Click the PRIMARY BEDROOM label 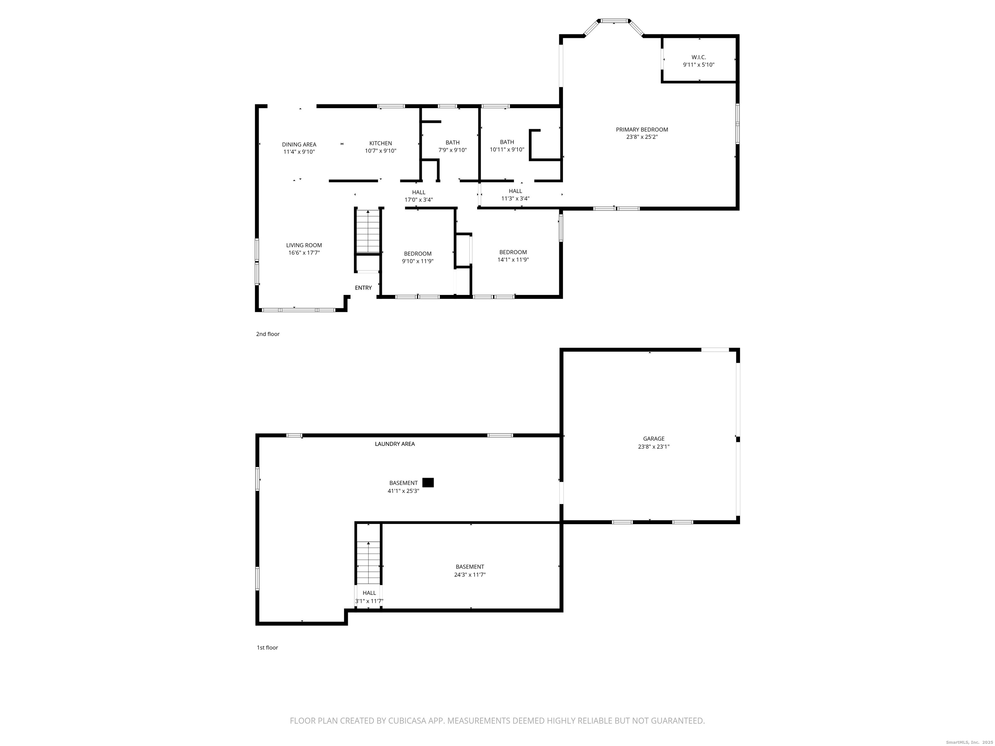pyautogui.click(x=642, y=130)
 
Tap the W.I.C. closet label pyautogui.click(x=699, y=57)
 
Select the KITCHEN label pyautogui.click(x=381, y=143)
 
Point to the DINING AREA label pyautogui.click(x=299, y=144)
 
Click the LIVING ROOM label pyautogui.click(x=304, y=245)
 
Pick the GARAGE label pyautogui.click(x=654, y=438)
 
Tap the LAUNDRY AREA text pyautogui.click(x=395, y=444)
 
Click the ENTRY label pyautogui.click(x=363, y=288)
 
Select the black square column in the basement pyautogui.click(x=428, y=482)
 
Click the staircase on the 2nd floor pyautogui.click(x=368, y=231)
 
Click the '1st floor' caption pyautogui.click(x=267, y=648)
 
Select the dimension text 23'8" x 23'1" pyautogui.click(x=654, y=446)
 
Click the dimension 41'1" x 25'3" pyautogui.click(x=404, y=491)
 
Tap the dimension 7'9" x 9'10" pyautogui.click(x=452, y=150)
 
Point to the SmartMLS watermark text pyautogui.click(x=969, y=742)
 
